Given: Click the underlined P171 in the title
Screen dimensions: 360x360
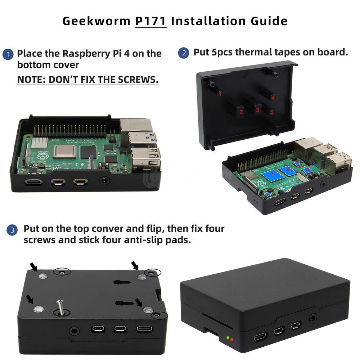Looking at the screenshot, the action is coord(151,21).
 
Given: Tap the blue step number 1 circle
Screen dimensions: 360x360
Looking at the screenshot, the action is coord(8,54).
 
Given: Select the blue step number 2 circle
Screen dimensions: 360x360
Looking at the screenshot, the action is coord(184,53).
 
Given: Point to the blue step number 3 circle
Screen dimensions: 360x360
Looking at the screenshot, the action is coord(12,230).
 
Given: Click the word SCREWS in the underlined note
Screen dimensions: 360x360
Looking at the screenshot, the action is coord(138,80).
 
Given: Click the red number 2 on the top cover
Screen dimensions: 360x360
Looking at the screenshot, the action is coord(241,112).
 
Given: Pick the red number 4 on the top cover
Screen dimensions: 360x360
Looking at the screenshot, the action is coord(273,98).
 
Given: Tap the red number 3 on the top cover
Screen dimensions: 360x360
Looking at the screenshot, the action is coord(258,110).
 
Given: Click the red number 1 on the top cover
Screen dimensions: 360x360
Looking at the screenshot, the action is coord(220,94).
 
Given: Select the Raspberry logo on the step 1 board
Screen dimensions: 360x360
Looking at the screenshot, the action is coord(42,156).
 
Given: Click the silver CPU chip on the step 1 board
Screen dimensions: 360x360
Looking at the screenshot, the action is coord(64,152).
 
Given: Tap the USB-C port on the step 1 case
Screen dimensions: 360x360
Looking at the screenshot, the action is coord(33,183).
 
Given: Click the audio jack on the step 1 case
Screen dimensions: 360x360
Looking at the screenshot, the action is coord(104,180).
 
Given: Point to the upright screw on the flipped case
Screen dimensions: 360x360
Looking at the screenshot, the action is coord(60,307).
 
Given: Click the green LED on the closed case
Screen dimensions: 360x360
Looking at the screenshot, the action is coord(228,338).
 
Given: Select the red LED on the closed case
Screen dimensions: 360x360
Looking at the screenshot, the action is coord(231,339).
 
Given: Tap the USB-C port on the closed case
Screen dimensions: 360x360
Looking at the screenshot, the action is coord(261,337).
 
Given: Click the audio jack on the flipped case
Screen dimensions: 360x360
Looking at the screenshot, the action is coord(74,331).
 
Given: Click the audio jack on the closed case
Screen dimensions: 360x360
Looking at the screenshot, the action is coord(313,318).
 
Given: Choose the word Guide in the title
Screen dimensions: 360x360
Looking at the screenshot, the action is coord(269,21).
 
